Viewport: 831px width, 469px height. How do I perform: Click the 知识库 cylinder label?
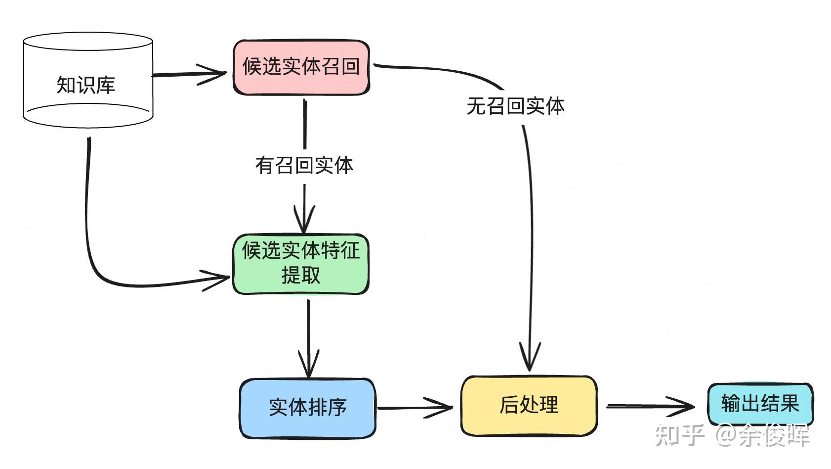[x=85, y=85]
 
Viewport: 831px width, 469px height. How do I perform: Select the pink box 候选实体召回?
[x=301, y=67]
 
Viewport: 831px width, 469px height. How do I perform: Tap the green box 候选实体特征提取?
[x=300, y=263]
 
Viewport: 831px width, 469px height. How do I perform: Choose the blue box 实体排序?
[x=307, y=408]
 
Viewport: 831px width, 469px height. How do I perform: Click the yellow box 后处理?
[x=529, y=405]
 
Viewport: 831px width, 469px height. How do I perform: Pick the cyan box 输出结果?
[x=760, y=403]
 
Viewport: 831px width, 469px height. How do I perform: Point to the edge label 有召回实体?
[x=304, y=165]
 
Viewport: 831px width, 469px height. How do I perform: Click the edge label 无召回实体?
[x=515, y=106]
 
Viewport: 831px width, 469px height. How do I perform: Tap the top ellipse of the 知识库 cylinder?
[x=88, y=42]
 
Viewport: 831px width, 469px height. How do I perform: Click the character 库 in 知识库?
[x=105, y=85]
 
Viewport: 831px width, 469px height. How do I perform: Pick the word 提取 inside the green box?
[x=300, y=275]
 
